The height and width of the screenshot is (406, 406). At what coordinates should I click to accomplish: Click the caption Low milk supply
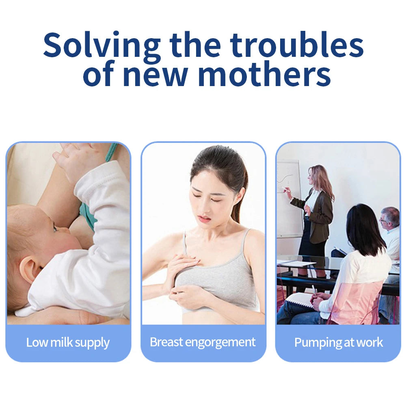click(68, 342)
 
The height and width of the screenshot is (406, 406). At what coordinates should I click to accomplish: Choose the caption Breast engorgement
click(203, 342)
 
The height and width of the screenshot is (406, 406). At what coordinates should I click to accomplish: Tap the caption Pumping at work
click(338, 342)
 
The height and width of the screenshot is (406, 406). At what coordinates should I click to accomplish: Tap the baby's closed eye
click(54, 228)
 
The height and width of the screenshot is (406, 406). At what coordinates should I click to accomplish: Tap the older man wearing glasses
click(390, 227)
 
